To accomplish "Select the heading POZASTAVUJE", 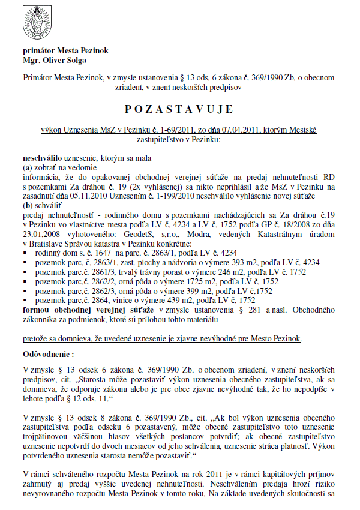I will click(179, 110).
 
